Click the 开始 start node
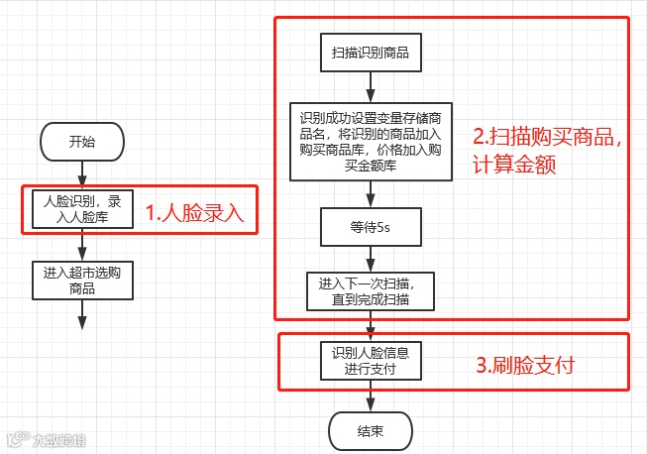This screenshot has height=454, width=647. click(x=82, y=143)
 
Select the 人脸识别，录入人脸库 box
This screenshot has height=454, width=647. click(x=82, y=208)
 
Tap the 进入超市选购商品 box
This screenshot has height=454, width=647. click(x=82, y=281)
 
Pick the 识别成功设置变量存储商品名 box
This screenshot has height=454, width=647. click(x=370, y=140)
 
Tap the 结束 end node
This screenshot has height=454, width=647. click(x=370, y=431)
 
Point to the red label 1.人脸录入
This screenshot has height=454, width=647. click(x=194, y=211)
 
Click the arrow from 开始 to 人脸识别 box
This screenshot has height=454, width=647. click(x=82, y=174)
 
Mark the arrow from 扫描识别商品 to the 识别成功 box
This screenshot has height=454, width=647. click(x=370, y=86)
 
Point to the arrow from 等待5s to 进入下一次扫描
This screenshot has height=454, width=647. click(x=370, y=257)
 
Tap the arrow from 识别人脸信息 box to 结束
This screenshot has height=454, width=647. click(x=370, y=397)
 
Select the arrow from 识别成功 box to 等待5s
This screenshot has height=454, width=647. click(x=370, y=193)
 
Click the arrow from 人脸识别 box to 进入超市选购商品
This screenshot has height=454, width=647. click(x=82, y=245)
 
